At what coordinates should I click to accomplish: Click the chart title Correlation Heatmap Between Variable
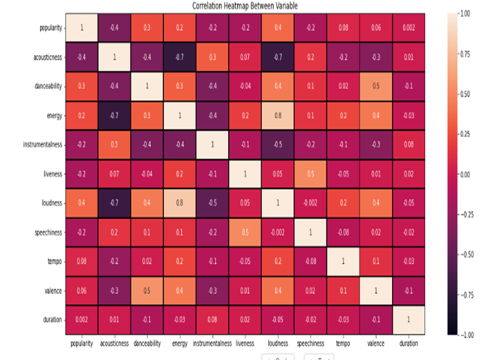tap(245, 6)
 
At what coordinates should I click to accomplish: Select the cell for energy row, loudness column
tap(278, 116)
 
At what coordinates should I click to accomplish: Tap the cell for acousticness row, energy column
tap(180, 57)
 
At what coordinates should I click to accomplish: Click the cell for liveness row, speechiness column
tap(310, 174)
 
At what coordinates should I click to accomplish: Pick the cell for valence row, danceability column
tap(147, 290)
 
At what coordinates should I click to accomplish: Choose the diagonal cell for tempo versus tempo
tap(343, 262)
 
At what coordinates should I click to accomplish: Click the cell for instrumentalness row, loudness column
tap(278, 145)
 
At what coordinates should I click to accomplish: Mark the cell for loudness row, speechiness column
tap(310, 203)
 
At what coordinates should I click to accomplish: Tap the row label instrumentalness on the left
tap(42, 145)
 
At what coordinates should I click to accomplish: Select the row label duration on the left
tap(53, 320)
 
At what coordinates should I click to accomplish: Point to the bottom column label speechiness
tap(310, 343)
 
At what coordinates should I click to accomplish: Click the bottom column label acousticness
tap(114, 343)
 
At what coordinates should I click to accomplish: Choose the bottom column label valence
tap(376, 343)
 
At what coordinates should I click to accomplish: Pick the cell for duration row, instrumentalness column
tap(212, 320)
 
